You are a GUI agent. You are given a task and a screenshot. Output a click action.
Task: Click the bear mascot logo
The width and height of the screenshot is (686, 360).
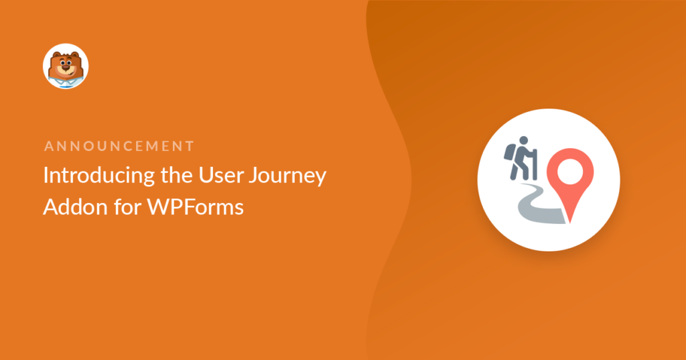66,66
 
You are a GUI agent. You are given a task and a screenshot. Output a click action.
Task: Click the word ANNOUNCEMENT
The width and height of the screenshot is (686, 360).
119,145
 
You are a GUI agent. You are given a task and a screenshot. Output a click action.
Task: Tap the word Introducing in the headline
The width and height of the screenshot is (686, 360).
92,175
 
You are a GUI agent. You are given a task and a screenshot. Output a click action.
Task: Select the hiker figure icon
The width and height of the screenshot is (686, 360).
520,157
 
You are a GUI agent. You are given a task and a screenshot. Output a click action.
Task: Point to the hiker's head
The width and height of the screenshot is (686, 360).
524,141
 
